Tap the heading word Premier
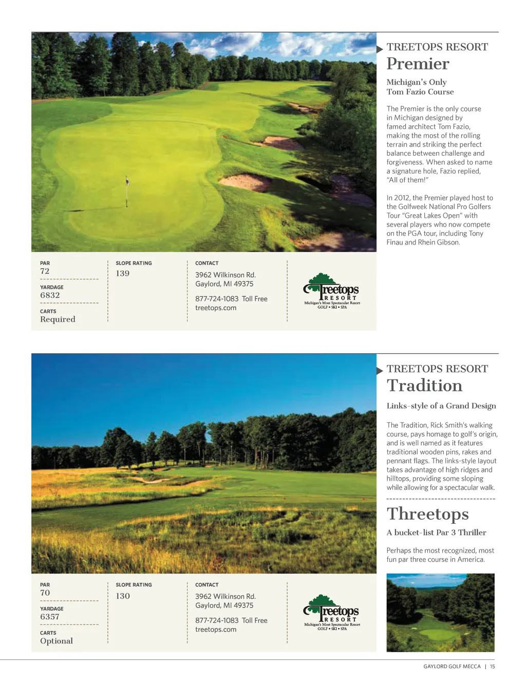(418, 64)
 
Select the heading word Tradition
(424, 386)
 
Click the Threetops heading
(427, 514)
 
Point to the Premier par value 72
(45, 271)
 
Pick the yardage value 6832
(50, 295)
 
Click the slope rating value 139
(123, 273)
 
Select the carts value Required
(58, 319)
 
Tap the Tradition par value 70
(45, 593)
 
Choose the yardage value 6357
(50, 617)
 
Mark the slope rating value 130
(123, 596)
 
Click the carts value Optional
(57, 641)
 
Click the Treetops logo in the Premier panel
(332, 292)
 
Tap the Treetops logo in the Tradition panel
(332, 613)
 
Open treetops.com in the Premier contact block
(216, 308)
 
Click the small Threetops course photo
(440, 613)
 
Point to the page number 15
(493, 667)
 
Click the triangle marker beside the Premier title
(380, 49)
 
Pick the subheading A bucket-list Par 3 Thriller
(436, 533)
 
